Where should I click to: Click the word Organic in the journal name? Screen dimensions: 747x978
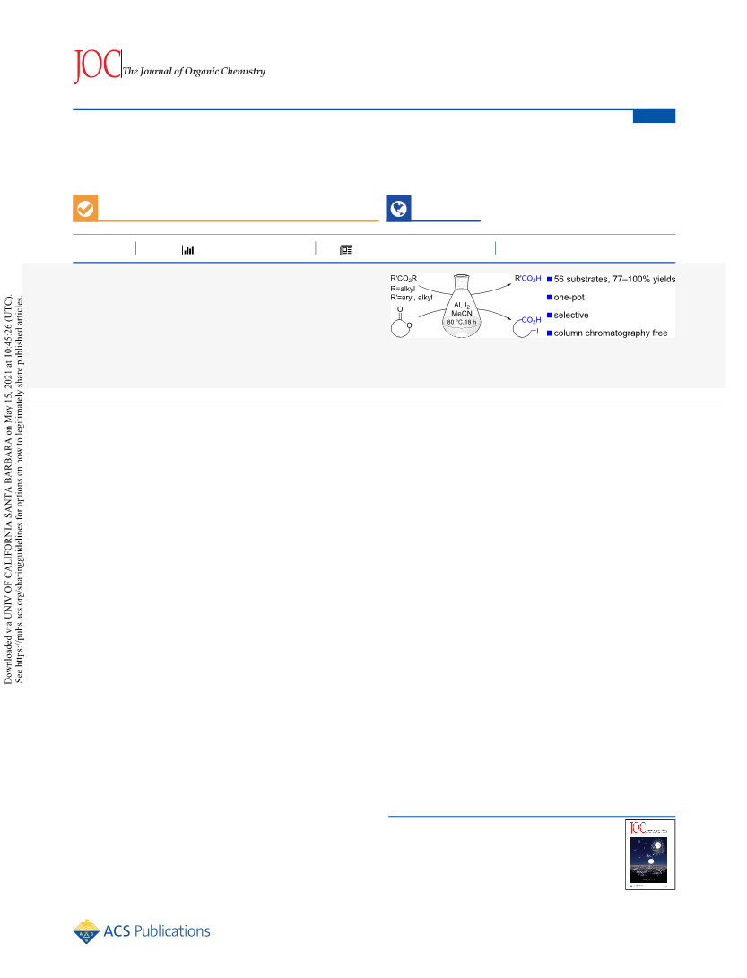click(202, 71)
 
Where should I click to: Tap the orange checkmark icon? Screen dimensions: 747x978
click(85, 208)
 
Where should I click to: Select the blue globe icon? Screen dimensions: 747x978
click(399, 208)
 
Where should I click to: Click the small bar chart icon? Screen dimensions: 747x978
click(187, 250)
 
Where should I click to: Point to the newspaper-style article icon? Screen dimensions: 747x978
click(346, 250)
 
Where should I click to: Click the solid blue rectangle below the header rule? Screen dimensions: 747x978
click(654, 116)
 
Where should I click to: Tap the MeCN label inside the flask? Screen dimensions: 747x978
click(462, 314)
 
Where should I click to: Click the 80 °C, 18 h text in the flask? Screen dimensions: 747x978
click(462, 322)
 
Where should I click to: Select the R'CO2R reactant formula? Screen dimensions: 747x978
click(404, 279)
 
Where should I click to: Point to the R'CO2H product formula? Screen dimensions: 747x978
click(528, 279)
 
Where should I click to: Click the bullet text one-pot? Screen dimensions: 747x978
click(569, 298)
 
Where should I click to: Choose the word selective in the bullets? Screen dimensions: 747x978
click(571, 316)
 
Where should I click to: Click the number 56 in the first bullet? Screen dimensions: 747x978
click(559, 280)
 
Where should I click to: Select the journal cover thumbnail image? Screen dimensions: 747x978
click(650, 854)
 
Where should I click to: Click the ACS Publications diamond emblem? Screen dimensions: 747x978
click(86, 931)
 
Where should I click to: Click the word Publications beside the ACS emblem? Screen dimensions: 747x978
click(172, 931)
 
